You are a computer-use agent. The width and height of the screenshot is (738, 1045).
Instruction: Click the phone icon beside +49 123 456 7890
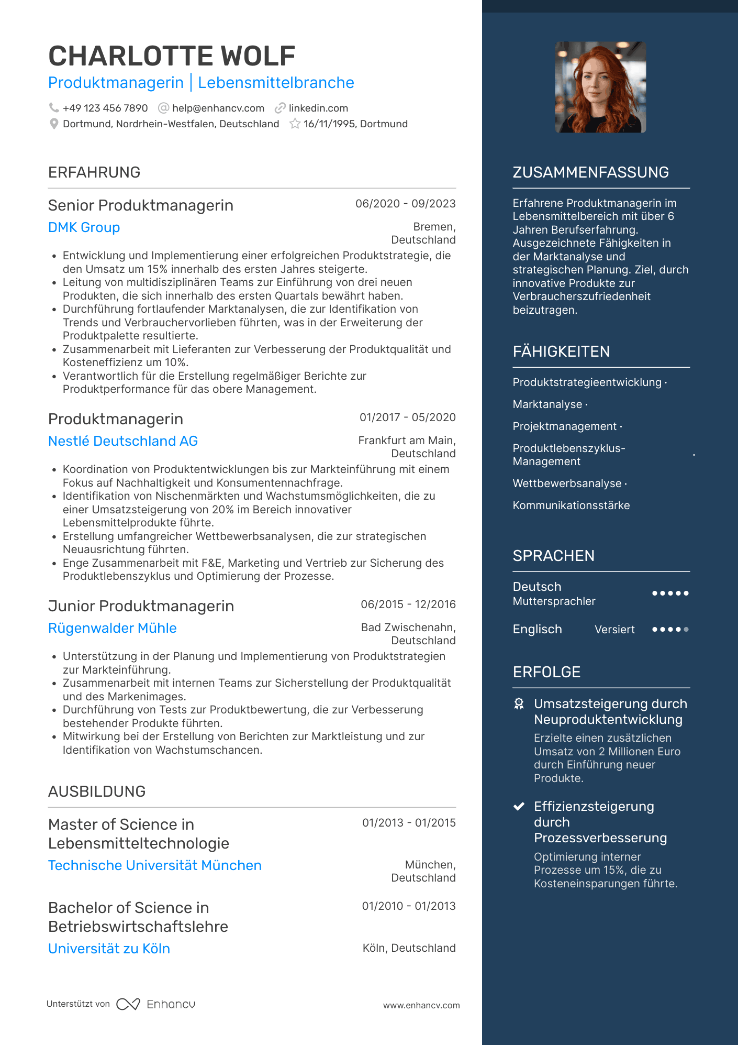53,108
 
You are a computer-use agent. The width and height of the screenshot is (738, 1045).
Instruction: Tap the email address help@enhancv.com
218,108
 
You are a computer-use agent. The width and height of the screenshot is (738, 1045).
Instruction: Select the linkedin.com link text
318,108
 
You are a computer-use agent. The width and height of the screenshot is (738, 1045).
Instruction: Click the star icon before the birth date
295,124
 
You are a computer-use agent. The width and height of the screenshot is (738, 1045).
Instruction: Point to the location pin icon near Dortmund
53,124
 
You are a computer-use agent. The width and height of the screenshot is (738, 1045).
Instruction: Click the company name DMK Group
84,227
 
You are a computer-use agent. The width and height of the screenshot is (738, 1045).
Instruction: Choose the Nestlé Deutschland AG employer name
123,441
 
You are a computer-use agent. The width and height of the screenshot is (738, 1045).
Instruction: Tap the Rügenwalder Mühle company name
113,628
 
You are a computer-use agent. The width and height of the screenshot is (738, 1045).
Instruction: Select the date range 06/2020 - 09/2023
405,204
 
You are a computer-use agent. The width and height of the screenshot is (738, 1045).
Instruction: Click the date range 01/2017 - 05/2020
407,417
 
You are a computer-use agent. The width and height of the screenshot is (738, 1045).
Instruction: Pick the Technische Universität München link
155,865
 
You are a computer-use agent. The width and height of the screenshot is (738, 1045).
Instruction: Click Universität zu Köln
109,949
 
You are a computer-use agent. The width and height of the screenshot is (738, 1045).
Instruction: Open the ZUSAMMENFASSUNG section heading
590,172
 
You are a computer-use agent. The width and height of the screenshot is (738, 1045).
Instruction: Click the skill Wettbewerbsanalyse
567,483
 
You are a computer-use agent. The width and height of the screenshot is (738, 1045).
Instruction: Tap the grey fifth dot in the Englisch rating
686,630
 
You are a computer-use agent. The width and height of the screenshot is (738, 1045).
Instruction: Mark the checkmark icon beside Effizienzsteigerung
519,807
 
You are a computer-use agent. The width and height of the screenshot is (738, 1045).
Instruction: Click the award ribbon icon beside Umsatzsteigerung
519,704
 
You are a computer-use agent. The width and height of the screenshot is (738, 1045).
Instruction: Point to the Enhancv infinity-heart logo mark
128,1004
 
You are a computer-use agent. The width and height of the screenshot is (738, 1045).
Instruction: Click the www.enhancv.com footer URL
421,1006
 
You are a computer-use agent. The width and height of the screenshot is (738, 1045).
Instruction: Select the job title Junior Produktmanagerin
141,606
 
